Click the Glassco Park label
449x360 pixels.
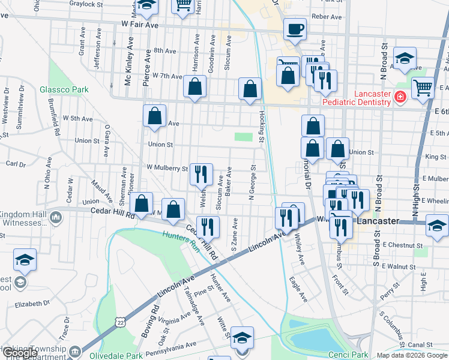coord(64,90)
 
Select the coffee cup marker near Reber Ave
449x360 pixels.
coord(294,28)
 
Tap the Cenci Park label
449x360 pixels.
coord(348,355)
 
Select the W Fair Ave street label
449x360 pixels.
coord(139,25)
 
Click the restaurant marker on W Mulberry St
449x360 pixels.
coord(201,174)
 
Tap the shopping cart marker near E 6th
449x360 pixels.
coord(423,88)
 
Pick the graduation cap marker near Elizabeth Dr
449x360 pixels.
coord(25,260)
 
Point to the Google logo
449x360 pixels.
coord(19,353)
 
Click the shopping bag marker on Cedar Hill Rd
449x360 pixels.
coord(142,203)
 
